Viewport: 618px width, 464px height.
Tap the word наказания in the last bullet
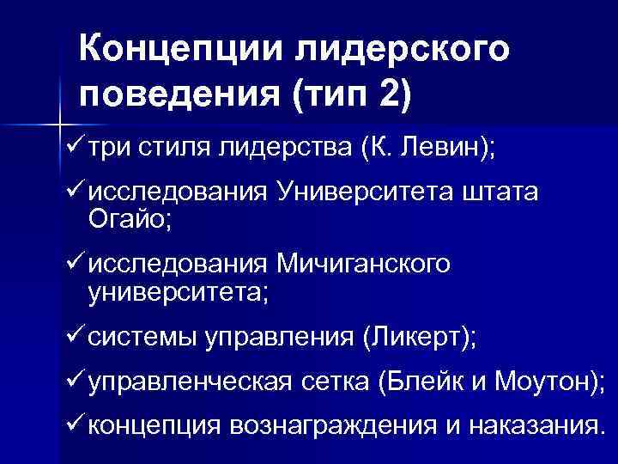[532, 424]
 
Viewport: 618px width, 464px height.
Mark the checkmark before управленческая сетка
[74, 380]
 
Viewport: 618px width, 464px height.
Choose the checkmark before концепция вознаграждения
[74, 423]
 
